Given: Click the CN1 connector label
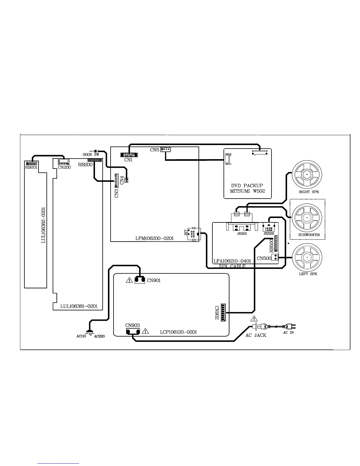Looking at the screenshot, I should click(x=129, y=160).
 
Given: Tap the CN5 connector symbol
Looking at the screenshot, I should click(x=166, y=149).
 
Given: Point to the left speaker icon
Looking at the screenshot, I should click(x=307, y=258).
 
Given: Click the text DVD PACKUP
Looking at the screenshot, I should click(x=247, y=186).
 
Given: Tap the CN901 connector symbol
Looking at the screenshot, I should click(x=140, y=280).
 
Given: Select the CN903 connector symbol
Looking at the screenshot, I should click(x=133, y=332).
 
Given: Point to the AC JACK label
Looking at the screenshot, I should click(x=256, y=335).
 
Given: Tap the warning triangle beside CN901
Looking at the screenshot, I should click(x=129, y=280).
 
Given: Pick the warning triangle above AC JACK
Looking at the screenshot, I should click(x=254, y=319).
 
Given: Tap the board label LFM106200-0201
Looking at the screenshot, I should click(x=154, y=238).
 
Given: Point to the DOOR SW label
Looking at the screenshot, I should click(x=91, y=155).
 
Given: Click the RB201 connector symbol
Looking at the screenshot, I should click(x=31, y=163).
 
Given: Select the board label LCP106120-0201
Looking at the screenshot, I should click(x=178, y=332).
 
